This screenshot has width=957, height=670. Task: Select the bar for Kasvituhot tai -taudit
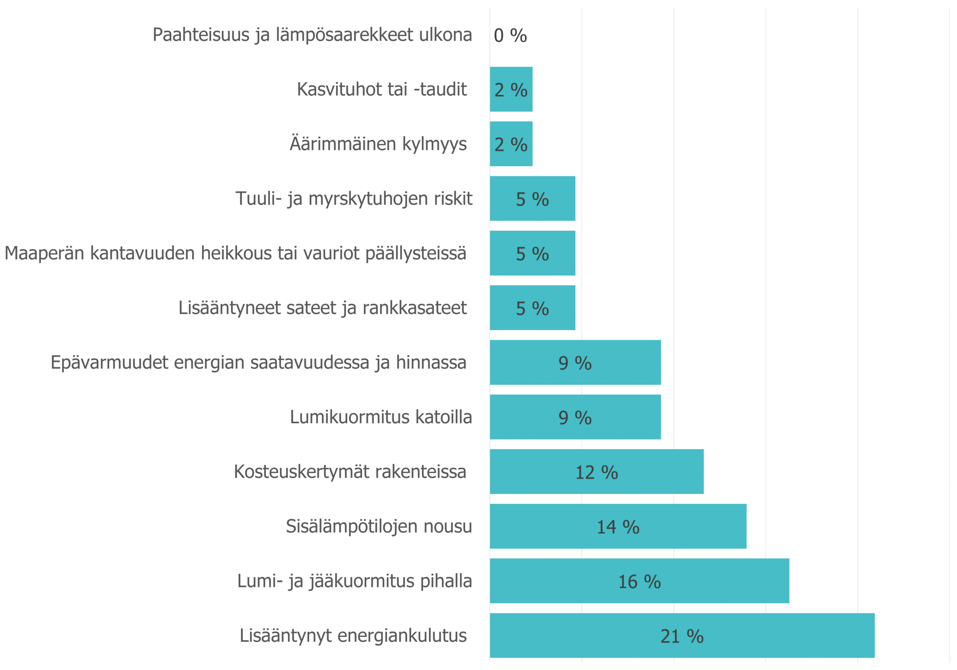click(x=511, y=89)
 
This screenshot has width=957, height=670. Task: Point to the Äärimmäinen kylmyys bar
click(x=511, y=144)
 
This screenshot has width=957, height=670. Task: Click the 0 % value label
click(x=510, y=36)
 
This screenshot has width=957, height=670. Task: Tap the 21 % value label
click(x=682, y=636)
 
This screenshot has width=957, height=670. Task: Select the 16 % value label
click(x=639, y=582)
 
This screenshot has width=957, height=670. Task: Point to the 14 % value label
click(x=618, y=527)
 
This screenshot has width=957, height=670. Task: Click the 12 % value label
click(x=597, y=472)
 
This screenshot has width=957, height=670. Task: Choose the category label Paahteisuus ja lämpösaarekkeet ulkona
click(x=312, y=35)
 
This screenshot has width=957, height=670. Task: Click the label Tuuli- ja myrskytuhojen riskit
click(x=354, y=199)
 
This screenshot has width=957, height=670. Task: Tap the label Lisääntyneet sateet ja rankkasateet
click(x=322, y=308)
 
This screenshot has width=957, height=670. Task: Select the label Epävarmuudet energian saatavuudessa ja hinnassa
click(x=258, y=362)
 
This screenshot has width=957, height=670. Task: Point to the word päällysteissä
click(x=416, y=253)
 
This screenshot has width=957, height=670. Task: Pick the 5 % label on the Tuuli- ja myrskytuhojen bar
click(x=532, y=199)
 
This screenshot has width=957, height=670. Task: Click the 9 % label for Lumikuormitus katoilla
click(x=575, y=418)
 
